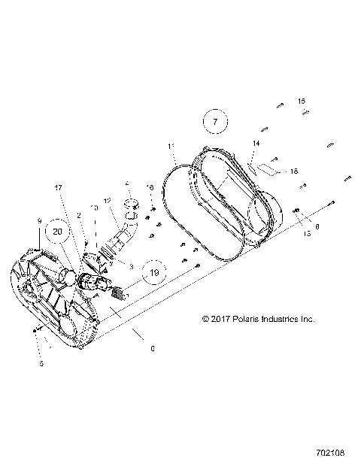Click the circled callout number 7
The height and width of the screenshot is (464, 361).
214,120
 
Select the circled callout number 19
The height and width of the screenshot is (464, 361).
153,273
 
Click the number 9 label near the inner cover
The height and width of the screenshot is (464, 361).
38,220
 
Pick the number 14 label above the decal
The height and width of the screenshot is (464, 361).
255,143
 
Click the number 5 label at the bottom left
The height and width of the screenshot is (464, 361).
41,364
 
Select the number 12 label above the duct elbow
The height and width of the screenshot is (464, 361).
107,200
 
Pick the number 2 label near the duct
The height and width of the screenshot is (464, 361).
78,215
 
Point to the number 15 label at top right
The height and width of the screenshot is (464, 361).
301,101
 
